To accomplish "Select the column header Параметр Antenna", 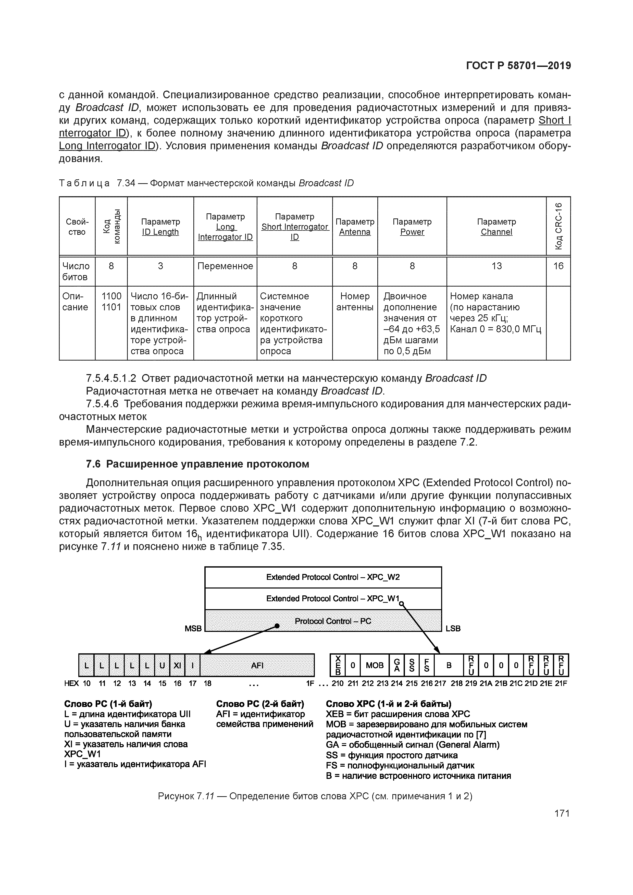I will (x=355, y=226).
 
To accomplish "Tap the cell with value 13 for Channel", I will (x=496, y=266).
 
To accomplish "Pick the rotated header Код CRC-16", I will (x=558, y=226).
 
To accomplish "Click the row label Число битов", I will (x=76, y=271).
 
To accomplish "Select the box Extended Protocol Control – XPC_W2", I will (x=323, y=577).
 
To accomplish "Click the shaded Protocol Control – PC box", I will (x=323, y=621).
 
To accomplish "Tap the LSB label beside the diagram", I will (x=453, y=628).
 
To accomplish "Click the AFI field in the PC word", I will (x=257, y=665).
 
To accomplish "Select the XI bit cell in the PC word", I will (x=177, y=665).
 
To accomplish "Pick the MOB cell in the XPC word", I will (x=375, y=665).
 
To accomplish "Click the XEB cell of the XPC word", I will (x=338, y=665).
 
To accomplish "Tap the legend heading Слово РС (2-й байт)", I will (x=260, y=704).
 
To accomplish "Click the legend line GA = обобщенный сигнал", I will (x=412, y=744).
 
